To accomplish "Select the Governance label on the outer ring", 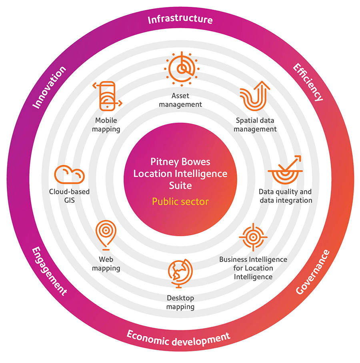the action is coord(313,272).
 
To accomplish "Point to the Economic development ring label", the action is coord(178,338).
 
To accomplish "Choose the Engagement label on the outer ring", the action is coord(49,271).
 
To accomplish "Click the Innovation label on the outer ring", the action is coord(49,87).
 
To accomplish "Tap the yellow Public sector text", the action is coord(180,201).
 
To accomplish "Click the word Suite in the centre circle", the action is coord(180,185).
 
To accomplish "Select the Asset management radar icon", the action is coord(182,69).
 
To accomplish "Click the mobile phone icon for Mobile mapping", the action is coord(107,96).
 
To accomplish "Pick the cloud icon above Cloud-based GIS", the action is coord(69,174).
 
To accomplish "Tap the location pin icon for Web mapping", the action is coord(106,235).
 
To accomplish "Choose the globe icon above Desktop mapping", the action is coord(180,273).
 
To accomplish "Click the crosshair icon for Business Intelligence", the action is coord(253,237).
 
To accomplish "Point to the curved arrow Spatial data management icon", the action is coord(255,96).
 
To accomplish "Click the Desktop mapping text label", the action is coord(180,302).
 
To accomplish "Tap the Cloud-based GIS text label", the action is coord(69,196).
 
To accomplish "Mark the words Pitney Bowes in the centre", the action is coord(180,162).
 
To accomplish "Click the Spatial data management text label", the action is coord(255,125).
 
